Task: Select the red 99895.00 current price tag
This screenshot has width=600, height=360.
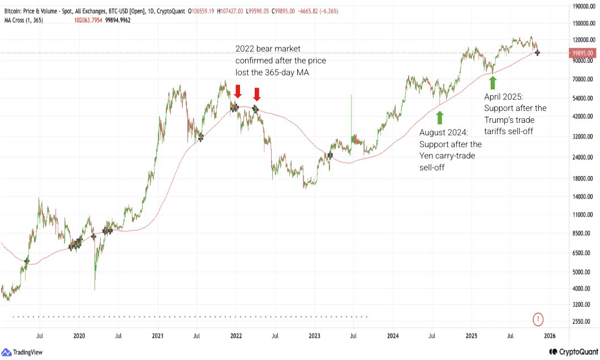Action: coord(582,53)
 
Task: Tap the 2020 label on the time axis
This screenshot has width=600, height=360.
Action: coord(79,336)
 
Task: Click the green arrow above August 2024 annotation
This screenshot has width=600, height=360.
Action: coord(439,118)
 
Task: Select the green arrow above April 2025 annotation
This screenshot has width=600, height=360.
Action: coord(492,83)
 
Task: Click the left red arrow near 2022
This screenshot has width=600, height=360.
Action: coord(238,92)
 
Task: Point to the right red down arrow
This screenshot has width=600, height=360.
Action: coord(257,95)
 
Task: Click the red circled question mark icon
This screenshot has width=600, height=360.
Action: coord(538,320)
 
